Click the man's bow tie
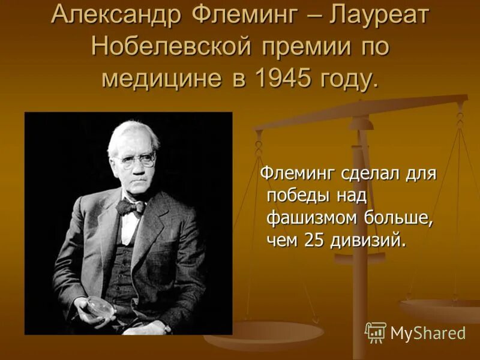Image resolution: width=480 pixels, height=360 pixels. [x=131, y=207]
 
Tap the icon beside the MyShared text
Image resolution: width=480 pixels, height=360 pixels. [x=376, y=332]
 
